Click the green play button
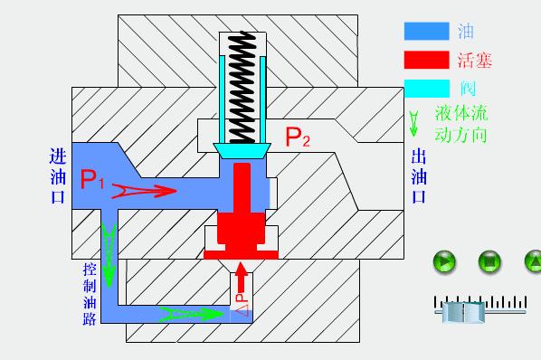click(443, 263)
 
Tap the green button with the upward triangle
click(533, 263)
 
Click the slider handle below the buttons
click(461, 310)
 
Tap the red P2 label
click(298, 137)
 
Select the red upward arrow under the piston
click(241, 272)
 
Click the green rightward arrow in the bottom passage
click(191, 315)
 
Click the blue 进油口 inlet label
click(56, 176)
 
